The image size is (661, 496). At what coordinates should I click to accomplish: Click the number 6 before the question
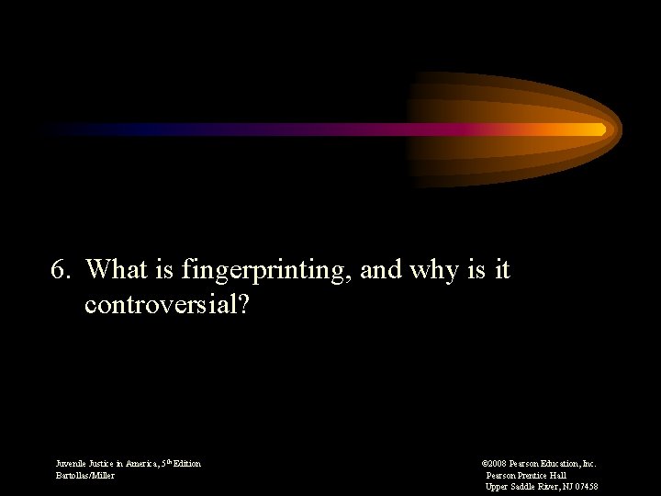[58, 270]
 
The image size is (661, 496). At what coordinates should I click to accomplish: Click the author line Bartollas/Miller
[85, 475]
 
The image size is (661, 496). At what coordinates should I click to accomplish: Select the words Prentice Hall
[543, 475]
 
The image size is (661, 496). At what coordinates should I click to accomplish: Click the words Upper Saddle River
[521, 487]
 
